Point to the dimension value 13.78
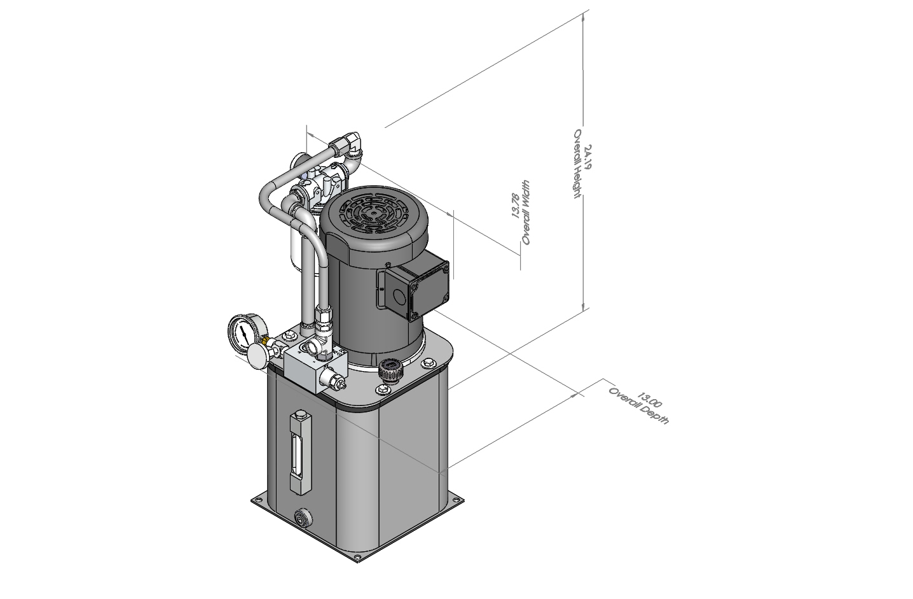(516, 206)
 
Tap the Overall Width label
(526, 213)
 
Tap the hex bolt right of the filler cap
(427, 363)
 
